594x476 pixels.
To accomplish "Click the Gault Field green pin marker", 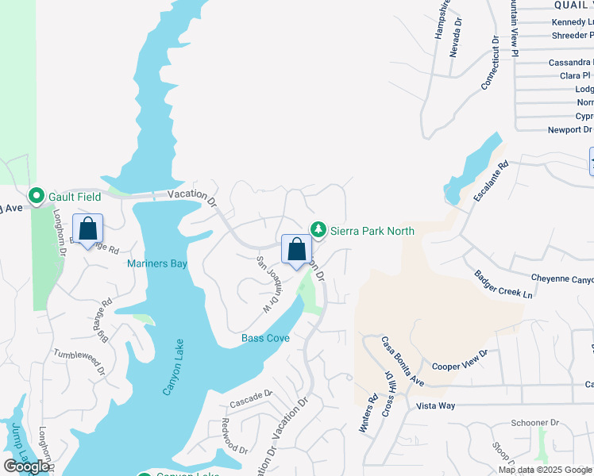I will coord(36,195).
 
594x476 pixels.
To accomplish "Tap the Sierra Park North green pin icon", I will coord(318,229).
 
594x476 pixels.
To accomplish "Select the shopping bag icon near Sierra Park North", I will coord(296,249).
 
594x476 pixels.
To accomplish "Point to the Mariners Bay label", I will coord(157,264).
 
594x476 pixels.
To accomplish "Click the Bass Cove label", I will coord(265,339).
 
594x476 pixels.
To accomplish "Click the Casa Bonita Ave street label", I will coord(402,361).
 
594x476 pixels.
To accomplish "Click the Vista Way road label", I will coord(436,405).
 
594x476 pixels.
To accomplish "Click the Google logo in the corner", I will coord(26,466).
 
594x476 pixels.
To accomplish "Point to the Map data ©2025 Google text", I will coord(544,470).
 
